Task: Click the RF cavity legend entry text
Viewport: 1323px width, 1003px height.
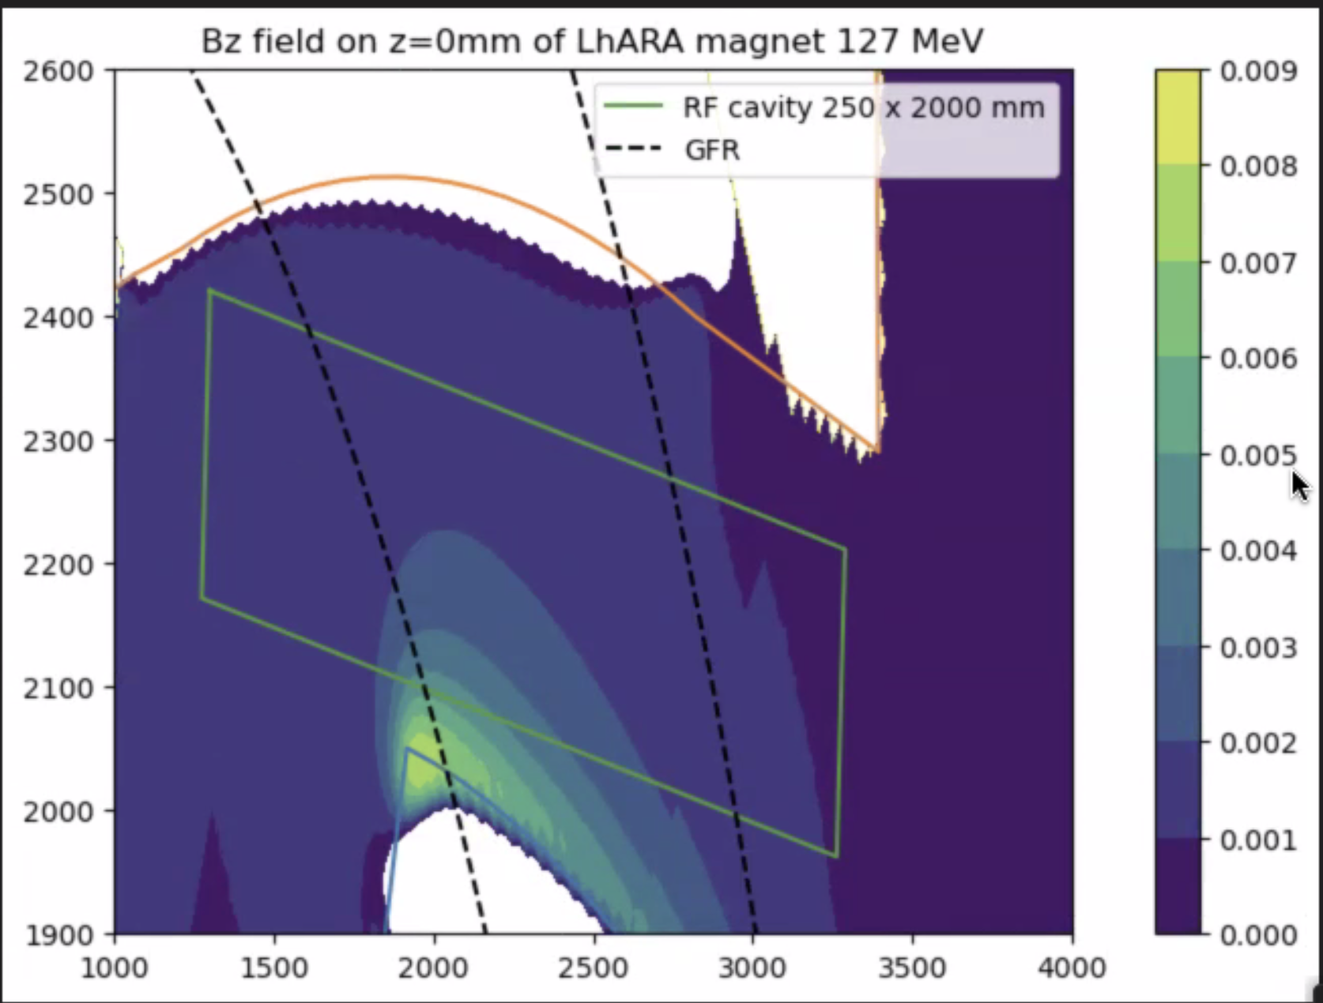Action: (863, 107)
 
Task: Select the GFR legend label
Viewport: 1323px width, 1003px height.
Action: (712, 149)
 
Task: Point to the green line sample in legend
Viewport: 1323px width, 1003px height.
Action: (633, 106)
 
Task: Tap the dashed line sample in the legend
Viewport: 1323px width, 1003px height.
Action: (633, 148)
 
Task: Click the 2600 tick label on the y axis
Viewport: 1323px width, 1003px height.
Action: (58, 71)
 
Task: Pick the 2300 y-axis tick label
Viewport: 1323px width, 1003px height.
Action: (58, 441)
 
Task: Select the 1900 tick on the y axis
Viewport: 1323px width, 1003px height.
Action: (58, 935)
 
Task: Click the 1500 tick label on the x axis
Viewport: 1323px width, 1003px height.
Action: (274, 968)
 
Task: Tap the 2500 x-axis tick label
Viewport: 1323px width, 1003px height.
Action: (594, 968)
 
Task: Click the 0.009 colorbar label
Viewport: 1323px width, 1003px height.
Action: (1258, 72)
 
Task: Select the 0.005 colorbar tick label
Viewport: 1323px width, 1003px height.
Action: (1258, 456)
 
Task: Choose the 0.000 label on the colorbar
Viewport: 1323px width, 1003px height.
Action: (1258, 936)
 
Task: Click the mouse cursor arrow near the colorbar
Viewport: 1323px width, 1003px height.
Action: (1298, 483)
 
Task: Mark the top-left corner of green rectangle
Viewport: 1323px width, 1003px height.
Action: (210, 290)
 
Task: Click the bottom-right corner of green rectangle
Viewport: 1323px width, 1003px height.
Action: (836, 856)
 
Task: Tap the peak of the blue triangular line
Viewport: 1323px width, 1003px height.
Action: (407, 748)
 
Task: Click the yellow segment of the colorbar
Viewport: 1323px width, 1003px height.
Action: (1178, 117)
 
